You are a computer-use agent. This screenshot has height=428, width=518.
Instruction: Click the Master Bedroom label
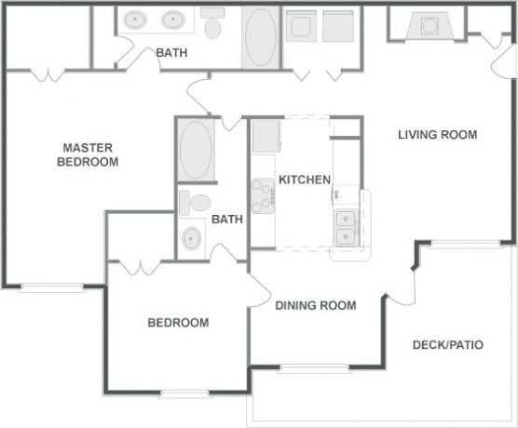(89, 154)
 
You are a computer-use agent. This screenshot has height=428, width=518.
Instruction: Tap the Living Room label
(437, 135)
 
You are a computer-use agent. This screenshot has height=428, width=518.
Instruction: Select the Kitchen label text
(305, 180)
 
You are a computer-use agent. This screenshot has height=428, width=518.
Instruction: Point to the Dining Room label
(315, 304)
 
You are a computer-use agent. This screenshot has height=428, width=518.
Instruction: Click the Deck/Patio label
(447, 345)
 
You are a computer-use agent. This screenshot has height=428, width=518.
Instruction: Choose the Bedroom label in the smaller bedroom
(178, 323)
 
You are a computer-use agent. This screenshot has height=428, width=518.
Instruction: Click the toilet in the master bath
(213, 23)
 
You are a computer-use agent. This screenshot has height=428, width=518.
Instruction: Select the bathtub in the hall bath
(195, 151)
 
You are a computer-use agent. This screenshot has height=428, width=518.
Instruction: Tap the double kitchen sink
(346, 226)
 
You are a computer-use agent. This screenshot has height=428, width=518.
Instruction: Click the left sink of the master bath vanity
(138, 19)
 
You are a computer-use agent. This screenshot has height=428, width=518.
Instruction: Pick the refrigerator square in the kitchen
(267, 136)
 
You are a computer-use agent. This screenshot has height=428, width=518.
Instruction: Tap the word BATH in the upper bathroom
(171, 53)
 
